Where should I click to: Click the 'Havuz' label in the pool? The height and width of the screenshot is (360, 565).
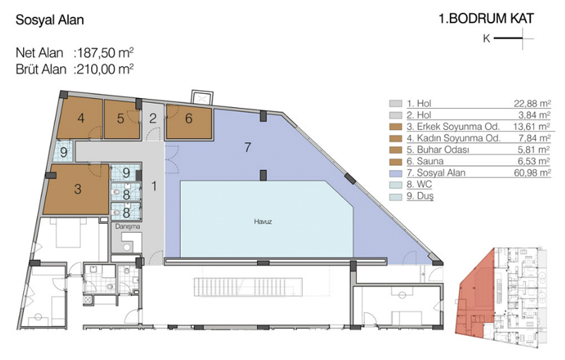pyautogui.click(x=263, y=222)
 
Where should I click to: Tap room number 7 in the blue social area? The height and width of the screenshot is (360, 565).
pyautogui.click(x=248, y=148)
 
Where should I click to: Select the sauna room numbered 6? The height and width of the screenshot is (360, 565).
pyautogui.click(x=189, y=121)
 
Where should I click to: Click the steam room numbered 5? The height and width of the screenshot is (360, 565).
pyautogui.click(x=121, y=119)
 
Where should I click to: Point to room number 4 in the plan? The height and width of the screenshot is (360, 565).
pyautogui.click(x=81, y=118)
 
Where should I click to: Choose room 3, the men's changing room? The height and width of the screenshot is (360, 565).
pyautogui.click(x=76, y=189)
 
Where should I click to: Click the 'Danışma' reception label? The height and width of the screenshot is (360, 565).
pyautogui.click(x=128, y=227)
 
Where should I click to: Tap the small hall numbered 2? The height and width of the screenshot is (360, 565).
pyautogui.click(x=153, y=119)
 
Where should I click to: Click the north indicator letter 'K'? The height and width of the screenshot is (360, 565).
pyautogui.click(x=487, y=39)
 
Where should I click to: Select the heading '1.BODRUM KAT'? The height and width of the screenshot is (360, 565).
pyautogui.click(x=486, y=19)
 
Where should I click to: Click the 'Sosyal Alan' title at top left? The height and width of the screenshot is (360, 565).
pyautogui.click(x=49, y=20)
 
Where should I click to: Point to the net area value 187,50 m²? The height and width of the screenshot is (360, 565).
pyautogui.click(x=104, y=53)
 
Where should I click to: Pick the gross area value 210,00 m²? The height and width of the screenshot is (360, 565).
pyautogui.click(x=104, y=68)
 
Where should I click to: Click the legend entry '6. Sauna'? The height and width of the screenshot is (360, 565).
pyautogui.click(x=425, y=161)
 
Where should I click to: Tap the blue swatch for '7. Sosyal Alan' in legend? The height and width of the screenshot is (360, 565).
pyautogui.click(x=395, y=173)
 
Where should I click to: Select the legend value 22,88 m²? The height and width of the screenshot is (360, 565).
pyautogui.click(x=533, y=104)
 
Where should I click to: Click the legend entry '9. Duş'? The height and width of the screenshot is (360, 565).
pyautogui.click(x=420, y=196)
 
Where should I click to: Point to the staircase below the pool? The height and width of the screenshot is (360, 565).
pyautogui.click(x=248, y=287)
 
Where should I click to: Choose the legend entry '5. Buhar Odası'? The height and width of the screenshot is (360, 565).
pyautogui.click(x=438, y=150)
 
